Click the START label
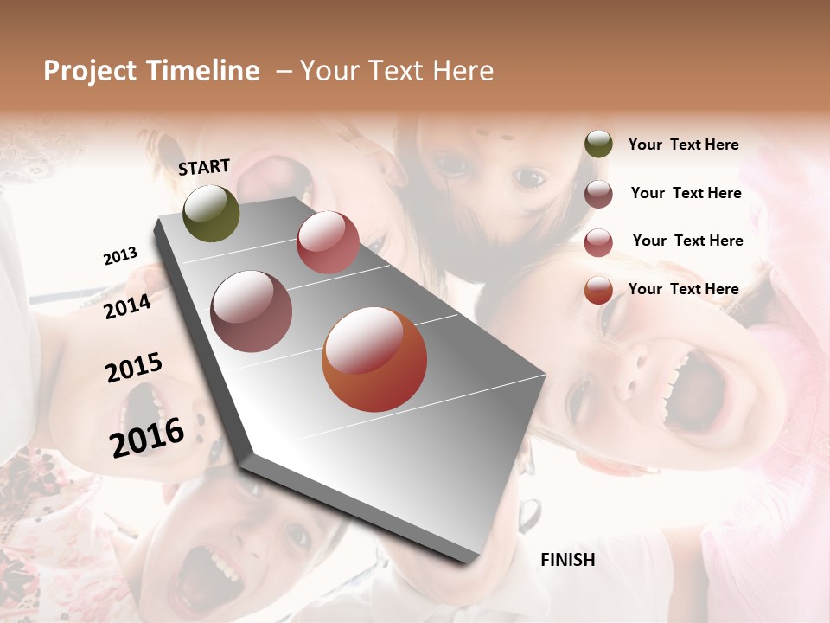tap(204, 167)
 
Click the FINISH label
tap(567, 560)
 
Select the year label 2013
tap(120, 256)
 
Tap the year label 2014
tap(127, 306)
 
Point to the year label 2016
tap(147, 437)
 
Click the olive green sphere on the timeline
tap(211, 214)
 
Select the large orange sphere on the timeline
tap(374, 360)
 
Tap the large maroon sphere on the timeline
tap(252, 311)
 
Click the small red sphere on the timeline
tap(328, 242)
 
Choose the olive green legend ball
tap(598, 145)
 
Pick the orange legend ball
tap(598, 290)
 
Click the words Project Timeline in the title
tap(151, 71)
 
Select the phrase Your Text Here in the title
tap(397, 71)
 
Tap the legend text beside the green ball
tap(683, 145)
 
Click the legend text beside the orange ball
tap(683, 289)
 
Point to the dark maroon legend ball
tap(598, 194)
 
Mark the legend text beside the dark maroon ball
tap(686, 193)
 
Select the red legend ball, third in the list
tap(598, 242)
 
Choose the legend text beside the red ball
tap(687, 241)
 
